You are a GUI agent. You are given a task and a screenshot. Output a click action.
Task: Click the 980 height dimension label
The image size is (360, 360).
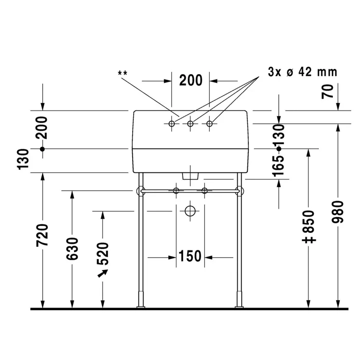click(338, 212)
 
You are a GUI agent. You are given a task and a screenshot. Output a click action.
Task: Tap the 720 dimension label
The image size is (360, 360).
click(43, 236)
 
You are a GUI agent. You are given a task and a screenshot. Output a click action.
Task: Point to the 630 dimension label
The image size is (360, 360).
click(73, 249)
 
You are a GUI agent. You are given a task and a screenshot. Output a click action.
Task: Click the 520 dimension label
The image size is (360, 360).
click(103, 254)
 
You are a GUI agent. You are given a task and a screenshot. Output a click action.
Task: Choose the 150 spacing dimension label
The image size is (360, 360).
click(190, 256)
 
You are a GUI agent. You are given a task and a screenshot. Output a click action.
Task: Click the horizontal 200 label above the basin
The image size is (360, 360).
click(191, 80)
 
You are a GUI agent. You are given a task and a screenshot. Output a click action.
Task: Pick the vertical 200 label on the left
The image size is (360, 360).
click(42, 128)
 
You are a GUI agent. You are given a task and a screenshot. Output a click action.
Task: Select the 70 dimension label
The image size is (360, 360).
click(328, 92)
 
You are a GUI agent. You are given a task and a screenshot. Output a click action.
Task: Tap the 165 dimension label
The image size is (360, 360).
click(279, 166)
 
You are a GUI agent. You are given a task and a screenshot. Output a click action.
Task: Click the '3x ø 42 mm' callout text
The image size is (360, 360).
click(302, 72)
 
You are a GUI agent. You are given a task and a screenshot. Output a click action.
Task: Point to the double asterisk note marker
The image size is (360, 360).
click(122, 73)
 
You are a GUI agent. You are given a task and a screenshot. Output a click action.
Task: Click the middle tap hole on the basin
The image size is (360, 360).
click(190, 124)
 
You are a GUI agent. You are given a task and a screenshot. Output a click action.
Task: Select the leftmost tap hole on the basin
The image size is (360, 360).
click(171, 124)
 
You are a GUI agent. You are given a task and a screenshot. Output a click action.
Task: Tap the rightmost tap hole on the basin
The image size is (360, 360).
click(209, 124)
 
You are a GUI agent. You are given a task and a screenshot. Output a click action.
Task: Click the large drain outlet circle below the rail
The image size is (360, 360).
click(190, 211)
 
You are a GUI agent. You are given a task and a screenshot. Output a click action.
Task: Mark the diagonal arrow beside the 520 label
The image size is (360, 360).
click(103, 273)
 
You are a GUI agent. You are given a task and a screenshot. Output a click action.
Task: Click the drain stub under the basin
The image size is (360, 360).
click(190, 176)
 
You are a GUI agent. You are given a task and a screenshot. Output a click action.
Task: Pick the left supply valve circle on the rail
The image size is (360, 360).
click(176, 191)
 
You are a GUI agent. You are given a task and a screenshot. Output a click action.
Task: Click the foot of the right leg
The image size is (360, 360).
click(239, 307)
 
